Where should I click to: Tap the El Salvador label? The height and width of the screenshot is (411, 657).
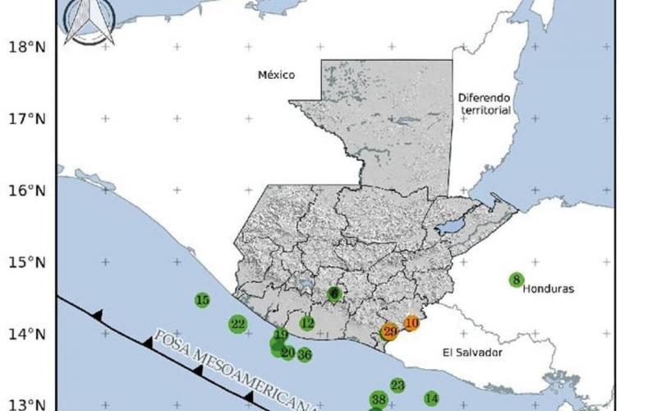tap(472, 353)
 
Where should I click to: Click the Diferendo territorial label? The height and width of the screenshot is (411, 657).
tap(485, 103)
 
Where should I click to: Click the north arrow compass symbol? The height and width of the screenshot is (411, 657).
tap(90, 22)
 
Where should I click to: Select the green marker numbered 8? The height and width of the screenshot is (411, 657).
tap(517, 279)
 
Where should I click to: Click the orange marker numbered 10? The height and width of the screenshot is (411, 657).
tap(411, 324)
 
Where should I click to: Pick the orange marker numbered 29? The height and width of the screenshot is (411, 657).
tap(389, 332)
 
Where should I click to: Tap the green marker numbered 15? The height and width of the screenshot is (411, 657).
tap(202, 300)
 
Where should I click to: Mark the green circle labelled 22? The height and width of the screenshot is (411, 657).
tap(238, 324)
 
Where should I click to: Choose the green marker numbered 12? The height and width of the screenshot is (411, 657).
tap(307, 324)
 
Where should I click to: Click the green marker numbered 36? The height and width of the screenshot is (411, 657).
tap(304, 355)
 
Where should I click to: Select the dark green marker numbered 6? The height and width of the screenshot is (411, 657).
tap(334, 293)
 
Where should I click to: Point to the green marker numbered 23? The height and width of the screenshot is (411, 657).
tap(397, 386)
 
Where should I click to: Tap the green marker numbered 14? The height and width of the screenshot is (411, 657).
tap(432, 399)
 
